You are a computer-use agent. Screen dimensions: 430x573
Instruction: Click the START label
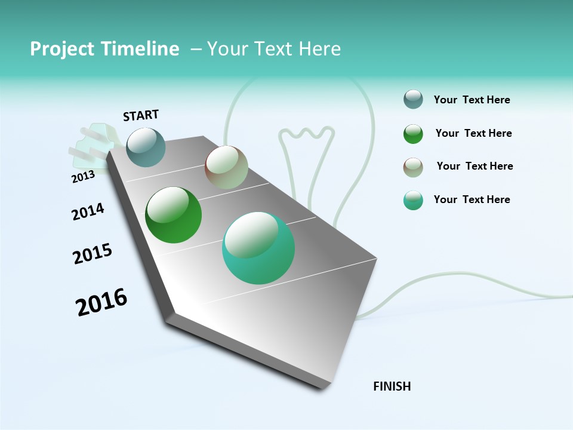pyautogui.click(x=141, y=115)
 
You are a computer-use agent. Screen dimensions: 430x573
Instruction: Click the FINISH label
pyautogui.click(x=392, y=386)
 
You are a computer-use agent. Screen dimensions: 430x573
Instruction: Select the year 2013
pyautogui.click(x=83, y=176)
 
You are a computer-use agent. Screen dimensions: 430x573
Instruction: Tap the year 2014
pyautogui.click(x=88, y=211)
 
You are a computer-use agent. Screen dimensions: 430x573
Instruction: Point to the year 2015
pyautogui.click(x=93, y=254)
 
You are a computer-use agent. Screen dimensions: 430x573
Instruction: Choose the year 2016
pyautogui.click(x=101, y=302)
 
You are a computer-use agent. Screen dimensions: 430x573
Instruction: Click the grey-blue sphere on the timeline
pyautogui.click(x=146, y=147)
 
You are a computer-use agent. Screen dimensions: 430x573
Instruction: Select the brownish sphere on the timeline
pyautogui.click(x=226, y=167)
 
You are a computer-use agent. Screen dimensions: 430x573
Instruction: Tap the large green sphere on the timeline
pyautogui.click(x=173, y=215)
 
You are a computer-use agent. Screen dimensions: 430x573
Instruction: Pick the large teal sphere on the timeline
pyautogui.click(x=258, y=248)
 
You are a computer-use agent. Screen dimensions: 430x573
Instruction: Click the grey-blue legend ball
pyautogui.click(x=413, y=100)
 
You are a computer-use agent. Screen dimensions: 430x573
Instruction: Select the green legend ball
pyautogui.click(x=413, y=134)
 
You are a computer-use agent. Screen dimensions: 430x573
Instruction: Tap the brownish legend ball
pyautogui.click(x=413, y=167)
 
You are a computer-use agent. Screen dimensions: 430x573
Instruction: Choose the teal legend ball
pyautogui.click(x=413, y=200)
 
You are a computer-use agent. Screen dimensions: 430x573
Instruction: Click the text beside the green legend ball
pyautogui.click(x=473, y=133)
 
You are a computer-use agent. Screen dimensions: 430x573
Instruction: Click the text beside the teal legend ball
pyautogui.click(x=472, y=199)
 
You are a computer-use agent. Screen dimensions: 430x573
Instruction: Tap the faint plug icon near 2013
pyautogui.click(x=93, y=143)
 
